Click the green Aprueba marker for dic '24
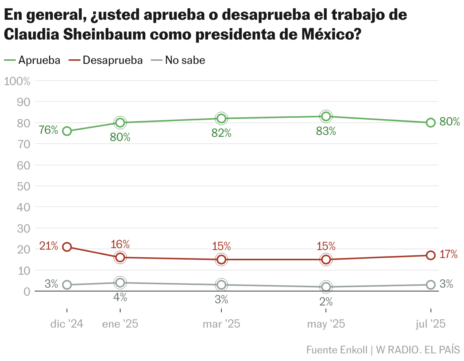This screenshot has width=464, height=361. pos(67,131)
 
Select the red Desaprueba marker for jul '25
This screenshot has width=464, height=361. pos(431,255)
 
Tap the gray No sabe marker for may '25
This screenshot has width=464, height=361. pos(326,287)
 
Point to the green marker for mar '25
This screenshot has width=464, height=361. pos(221,119)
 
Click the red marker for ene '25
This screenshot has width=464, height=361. pos(120,257)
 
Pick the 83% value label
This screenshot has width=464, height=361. pos(326,131)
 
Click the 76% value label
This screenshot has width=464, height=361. pos(49,130)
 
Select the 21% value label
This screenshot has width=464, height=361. pos(49,246)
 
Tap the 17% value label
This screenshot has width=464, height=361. pos(448,255)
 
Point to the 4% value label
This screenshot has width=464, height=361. pos(120,298)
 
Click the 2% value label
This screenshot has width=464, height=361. pos(326,302)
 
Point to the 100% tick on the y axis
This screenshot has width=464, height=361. pos(17,81)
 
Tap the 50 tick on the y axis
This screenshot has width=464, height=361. pos(24,186)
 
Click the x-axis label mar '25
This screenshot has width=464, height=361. pos(221,324)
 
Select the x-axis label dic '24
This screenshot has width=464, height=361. pos(67,324)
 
